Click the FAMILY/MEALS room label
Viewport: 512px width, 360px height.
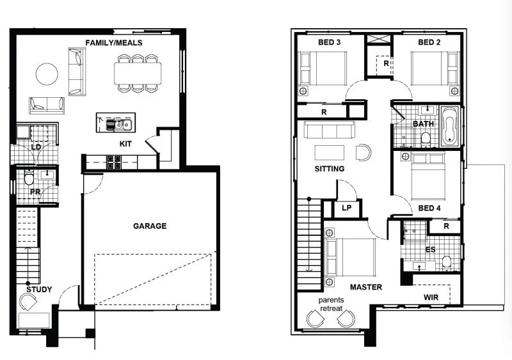click(114, 43)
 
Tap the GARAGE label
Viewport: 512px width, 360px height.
click(150, 226)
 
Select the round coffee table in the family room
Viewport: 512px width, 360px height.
click(47, 74)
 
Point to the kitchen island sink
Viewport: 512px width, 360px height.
click(119, 124)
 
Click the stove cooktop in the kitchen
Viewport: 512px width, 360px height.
click(114, 162)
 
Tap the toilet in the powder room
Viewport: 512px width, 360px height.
click(29, 178)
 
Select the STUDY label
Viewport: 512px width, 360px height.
click(39, 290)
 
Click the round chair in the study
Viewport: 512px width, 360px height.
click(28, 302)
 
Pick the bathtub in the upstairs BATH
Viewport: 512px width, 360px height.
click(450, 126)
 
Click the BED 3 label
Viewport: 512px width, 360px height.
click(329, 42)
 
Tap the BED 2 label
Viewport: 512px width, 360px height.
click(429, 42)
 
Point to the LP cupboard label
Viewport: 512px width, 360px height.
click(346, 208)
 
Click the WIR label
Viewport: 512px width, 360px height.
click(431, 297)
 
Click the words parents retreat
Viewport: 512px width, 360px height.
click(331, 304)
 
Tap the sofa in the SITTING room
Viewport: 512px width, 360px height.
click(329, 130)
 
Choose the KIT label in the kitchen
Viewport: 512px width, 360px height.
click(125, 144)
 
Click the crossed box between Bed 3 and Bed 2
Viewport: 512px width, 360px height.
click(379, 39)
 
